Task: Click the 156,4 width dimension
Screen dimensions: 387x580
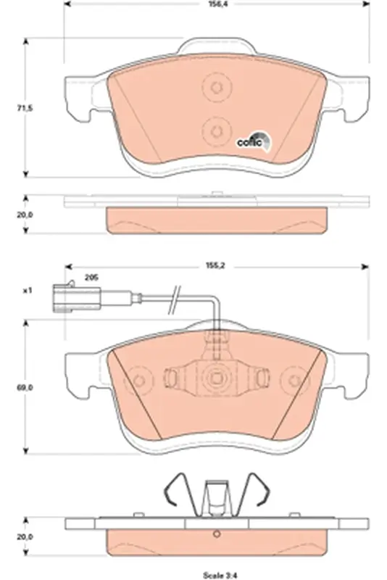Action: pyautogui.click(x=217, y=4)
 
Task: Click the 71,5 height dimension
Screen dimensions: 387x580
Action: pyautogui.click(x=25, y=108)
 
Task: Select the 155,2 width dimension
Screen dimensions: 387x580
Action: pyautogui.click(x=217, y=265)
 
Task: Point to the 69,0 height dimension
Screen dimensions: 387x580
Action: pyautogui.click(x=25, y=388)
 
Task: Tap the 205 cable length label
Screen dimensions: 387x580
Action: pyautogui.click(x=91, y=278)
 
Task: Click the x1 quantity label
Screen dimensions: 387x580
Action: pyautogui.click(x=28, y=291)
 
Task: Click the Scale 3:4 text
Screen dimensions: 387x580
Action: pyautogui.click(x=219, y=576)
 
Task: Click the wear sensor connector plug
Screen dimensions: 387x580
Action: pyautogui.click(x=77, y=298)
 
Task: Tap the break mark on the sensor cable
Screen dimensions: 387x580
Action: pyautogui.click(x=175, y=299)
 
